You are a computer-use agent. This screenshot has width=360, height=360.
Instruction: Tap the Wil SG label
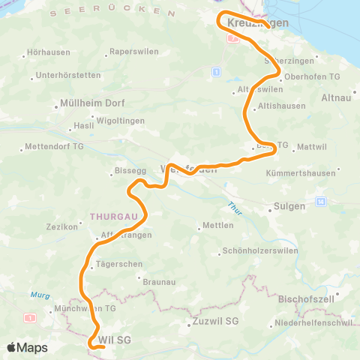[x=115, y=340]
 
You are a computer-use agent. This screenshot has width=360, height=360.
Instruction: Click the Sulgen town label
[x=290, y=205]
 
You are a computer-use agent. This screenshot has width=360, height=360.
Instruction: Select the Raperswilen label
[x=130, y=52]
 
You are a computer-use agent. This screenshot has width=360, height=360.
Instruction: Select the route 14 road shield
[x=320, y=202]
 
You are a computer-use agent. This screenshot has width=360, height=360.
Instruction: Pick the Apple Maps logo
[x=27, y=347]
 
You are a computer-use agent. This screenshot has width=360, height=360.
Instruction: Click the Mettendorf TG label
[x=55, y=145]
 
